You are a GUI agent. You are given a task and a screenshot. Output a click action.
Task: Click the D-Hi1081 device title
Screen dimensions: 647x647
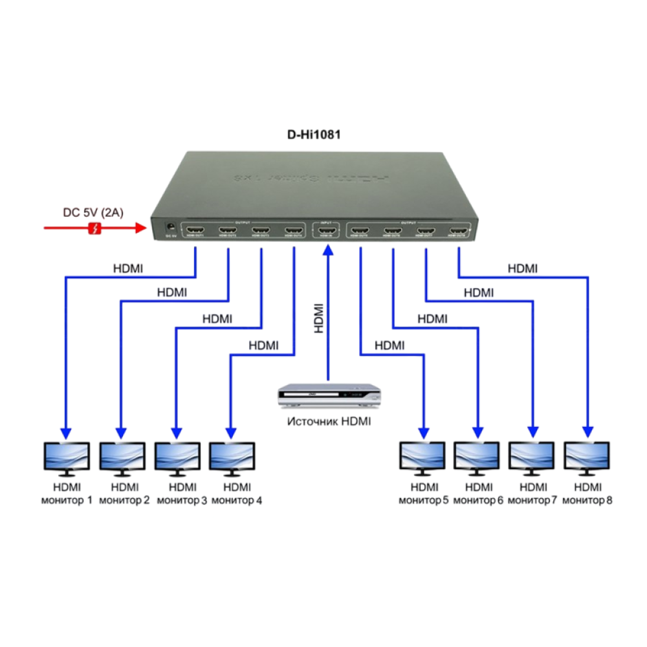coord(314,135)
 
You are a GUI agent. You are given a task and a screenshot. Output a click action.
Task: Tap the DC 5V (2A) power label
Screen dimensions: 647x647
coord(93,212)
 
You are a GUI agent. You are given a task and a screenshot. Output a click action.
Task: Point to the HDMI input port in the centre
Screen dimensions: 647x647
coord(328,230)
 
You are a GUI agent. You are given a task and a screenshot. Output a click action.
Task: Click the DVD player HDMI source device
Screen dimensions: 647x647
coord(328,396)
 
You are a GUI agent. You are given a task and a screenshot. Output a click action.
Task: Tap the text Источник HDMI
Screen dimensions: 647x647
coord(330,421)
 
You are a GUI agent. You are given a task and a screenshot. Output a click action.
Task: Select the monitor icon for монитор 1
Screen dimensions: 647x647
coord(66,458)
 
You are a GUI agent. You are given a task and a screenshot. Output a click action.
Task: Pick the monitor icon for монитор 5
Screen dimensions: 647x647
coord(422,458)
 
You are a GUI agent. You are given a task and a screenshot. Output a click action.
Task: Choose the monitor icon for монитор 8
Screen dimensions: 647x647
coord(587,458)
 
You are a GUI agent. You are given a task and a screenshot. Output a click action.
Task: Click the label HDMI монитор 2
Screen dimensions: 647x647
coord(124,494)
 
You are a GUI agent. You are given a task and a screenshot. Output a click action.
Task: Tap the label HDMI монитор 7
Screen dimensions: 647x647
coord(532,494)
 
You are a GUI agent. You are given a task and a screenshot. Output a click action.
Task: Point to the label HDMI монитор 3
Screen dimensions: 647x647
coord(181,494)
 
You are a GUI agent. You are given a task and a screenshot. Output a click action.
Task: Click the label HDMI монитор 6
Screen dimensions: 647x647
coord(478,494)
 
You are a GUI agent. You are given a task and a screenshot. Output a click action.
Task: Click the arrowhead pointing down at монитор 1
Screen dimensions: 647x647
coord(65,432)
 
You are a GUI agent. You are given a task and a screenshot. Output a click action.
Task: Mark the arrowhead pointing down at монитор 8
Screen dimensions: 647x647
coord(587,432)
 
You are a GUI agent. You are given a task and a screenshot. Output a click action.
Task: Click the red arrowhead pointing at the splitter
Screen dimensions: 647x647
coord(139,228)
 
